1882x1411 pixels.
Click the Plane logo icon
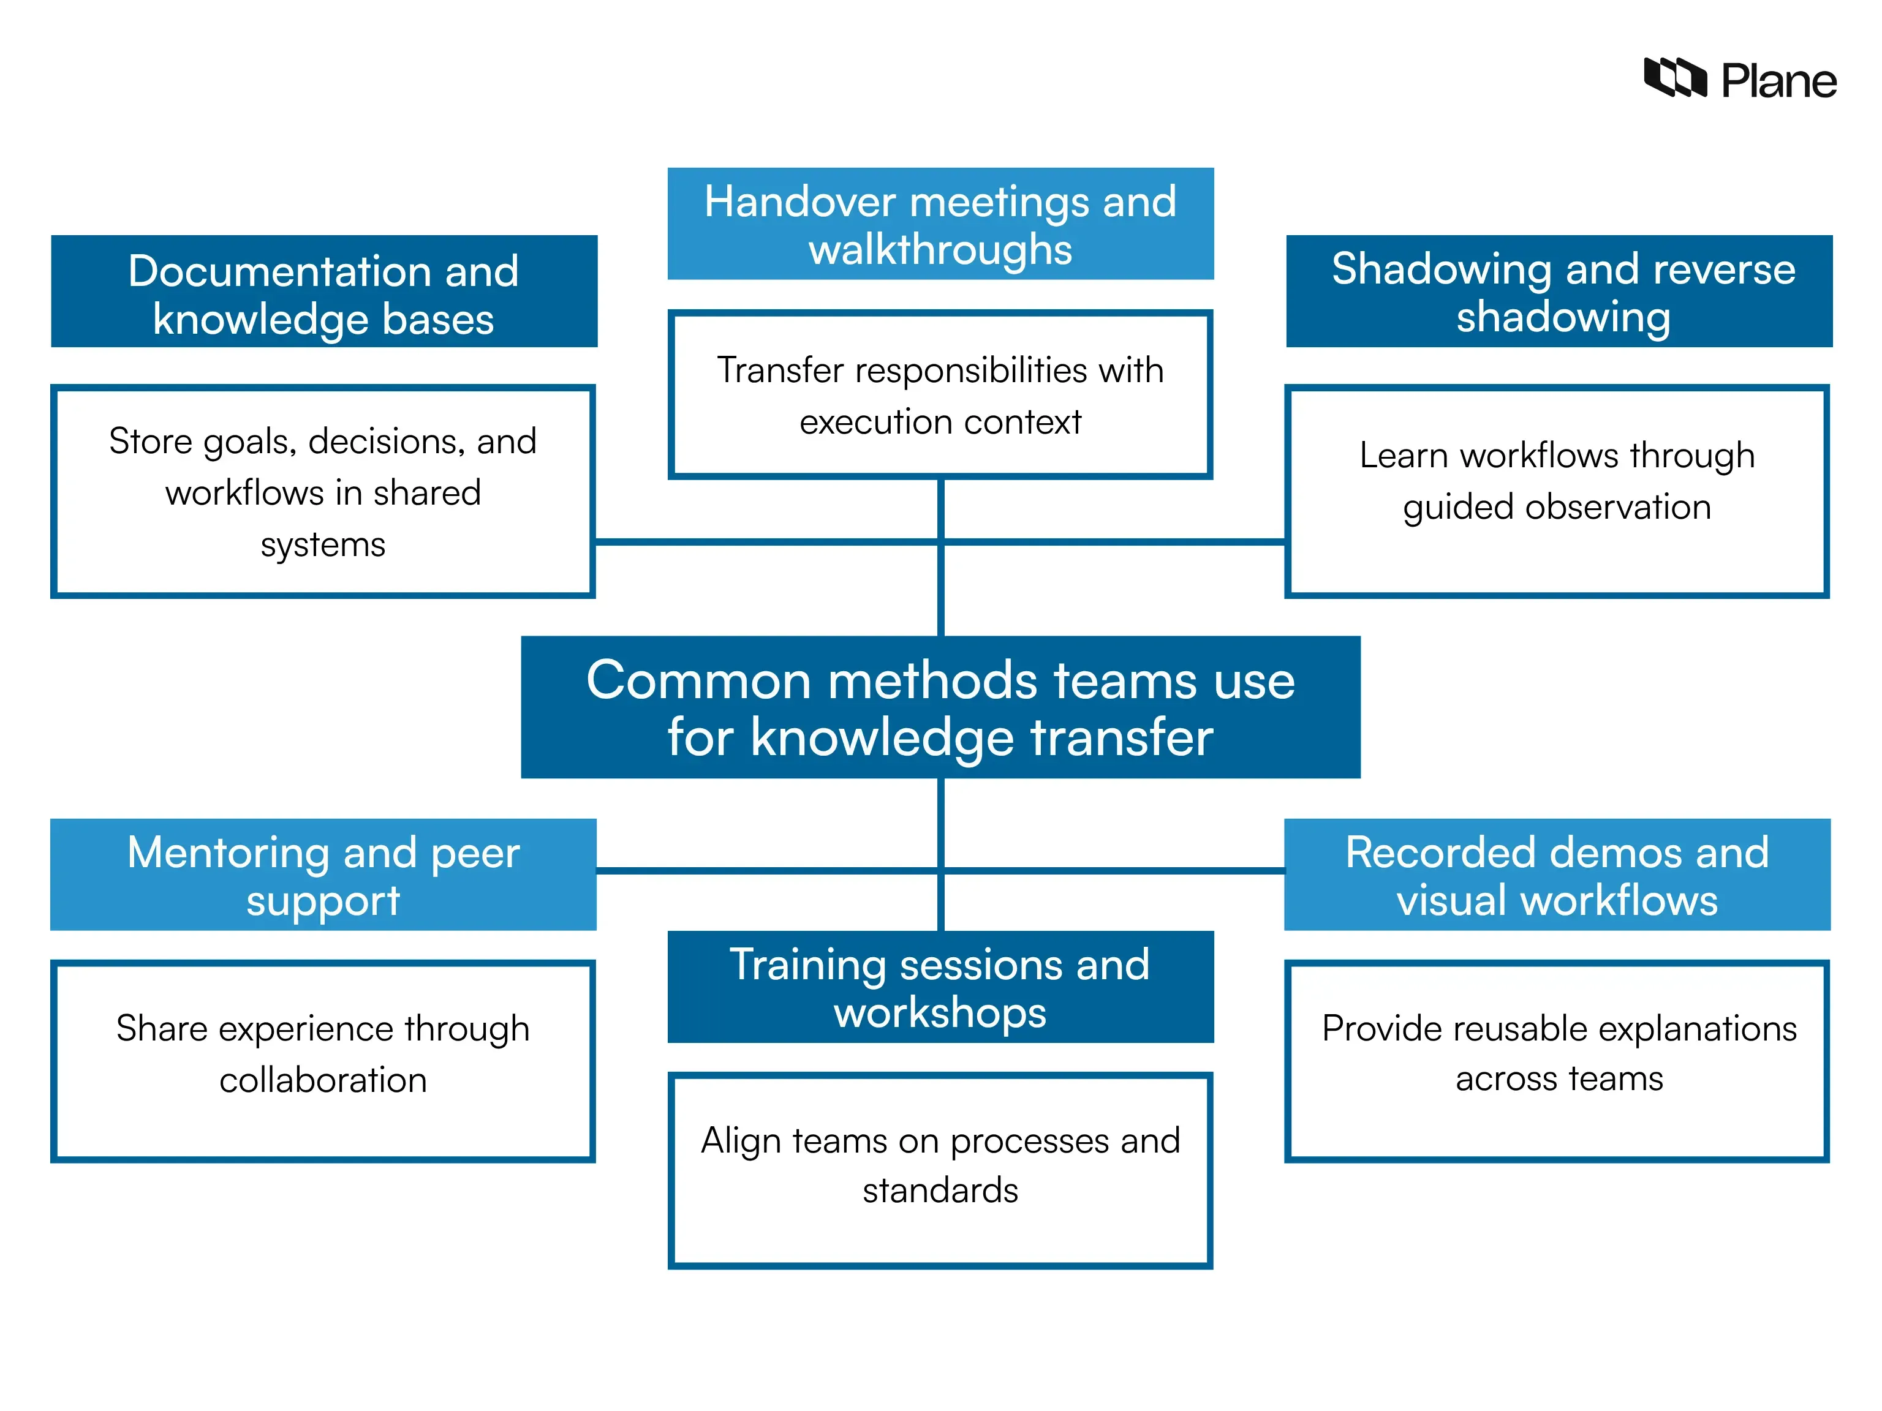[1674, 78]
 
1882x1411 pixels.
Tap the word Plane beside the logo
[1778, 81]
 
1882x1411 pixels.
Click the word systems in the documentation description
[323, 544]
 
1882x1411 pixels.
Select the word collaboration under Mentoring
[323, 1080]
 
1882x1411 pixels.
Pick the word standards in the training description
[940, 1191]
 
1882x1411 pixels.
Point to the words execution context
[940, 423]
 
